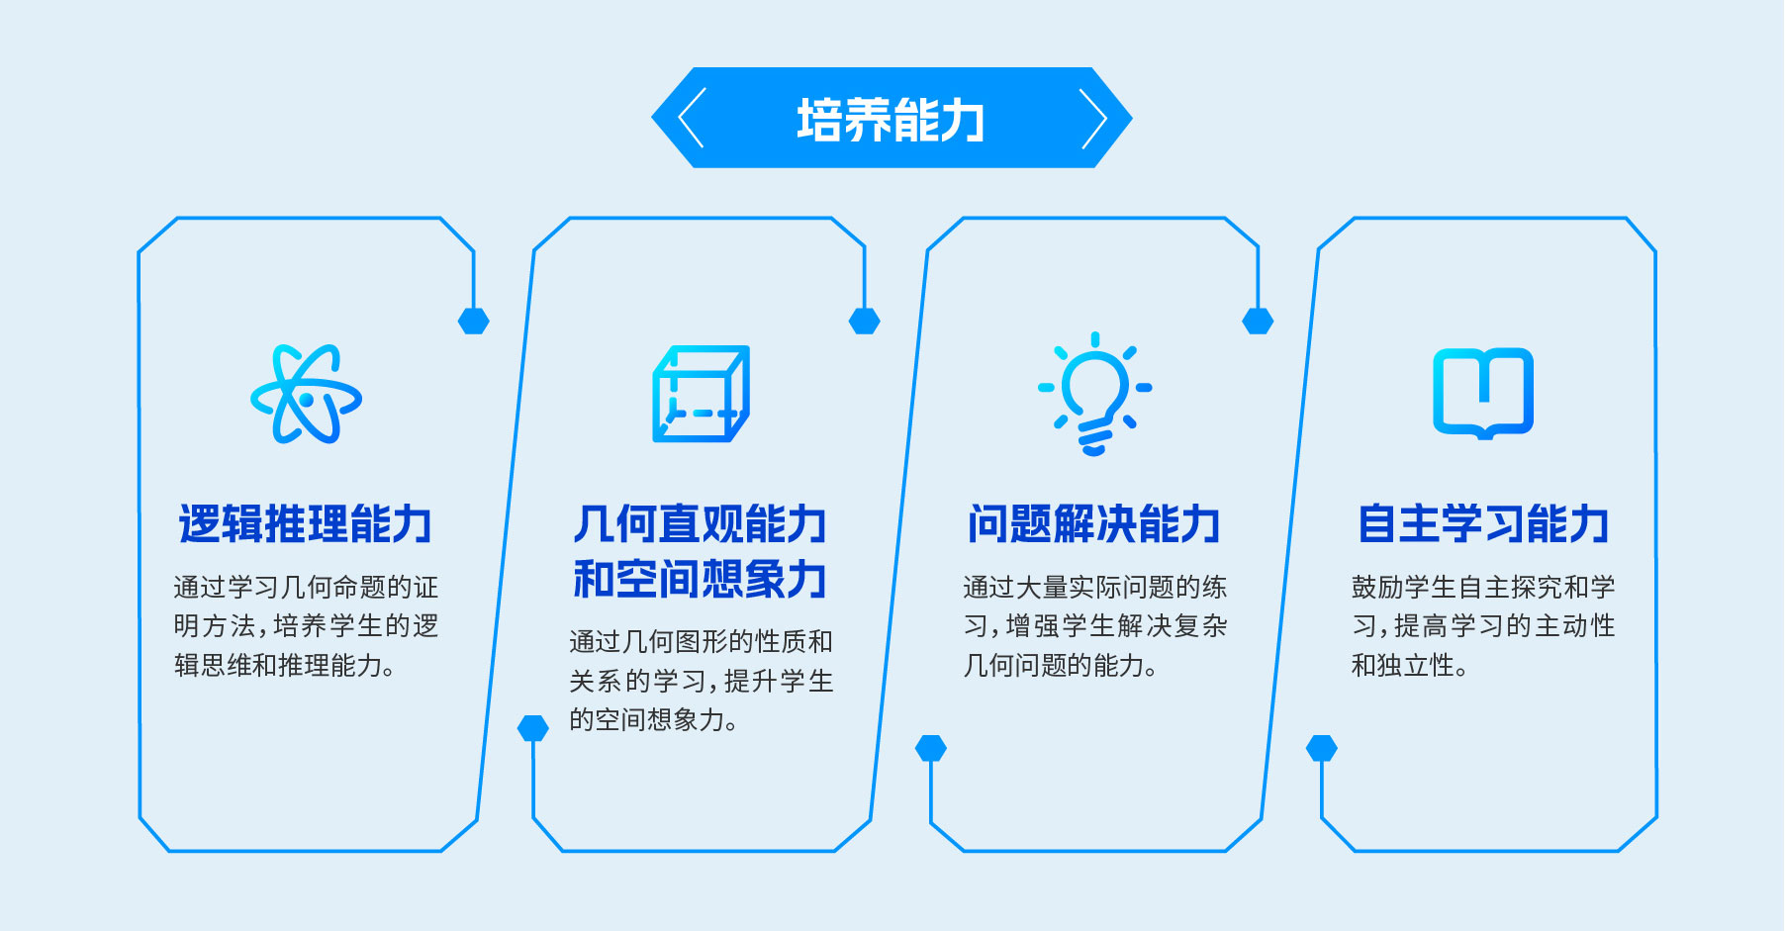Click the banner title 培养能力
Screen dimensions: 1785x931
(891, 120)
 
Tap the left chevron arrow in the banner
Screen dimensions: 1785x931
(690, 118)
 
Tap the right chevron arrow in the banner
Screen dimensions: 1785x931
(1093, 118)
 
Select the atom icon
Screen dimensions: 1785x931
(306, 394)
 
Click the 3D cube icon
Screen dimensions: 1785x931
(701, 394)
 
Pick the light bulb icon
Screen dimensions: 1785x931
(1094, 393)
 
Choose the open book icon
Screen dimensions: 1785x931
(1483, 393)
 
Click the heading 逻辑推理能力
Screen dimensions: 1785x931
(306, 523)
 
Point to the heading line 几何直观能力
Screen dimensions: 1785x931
(700, 523)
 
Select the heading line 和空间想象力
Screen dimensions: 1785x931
(700, 579)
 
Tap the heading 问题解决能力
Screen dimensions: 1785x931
(1094, 523)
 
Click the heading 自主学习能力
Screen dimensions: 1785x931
(1483, 523)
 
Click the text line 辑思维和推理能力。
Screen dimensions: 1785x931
(285, 666)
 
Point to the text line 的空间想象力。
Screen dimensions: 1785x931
(654, 719)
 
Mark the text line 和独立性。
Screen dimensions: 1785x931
(1410, 666)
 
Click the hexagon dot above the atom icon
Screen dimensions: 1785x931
(474, 321)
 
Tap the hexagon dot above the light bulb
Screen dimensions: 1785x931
(1258, 321)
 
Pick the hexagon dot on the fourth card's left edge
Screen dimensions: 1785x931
(1322, 748)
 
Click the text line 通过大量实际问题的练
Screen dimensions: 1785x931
(1095, 588)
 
